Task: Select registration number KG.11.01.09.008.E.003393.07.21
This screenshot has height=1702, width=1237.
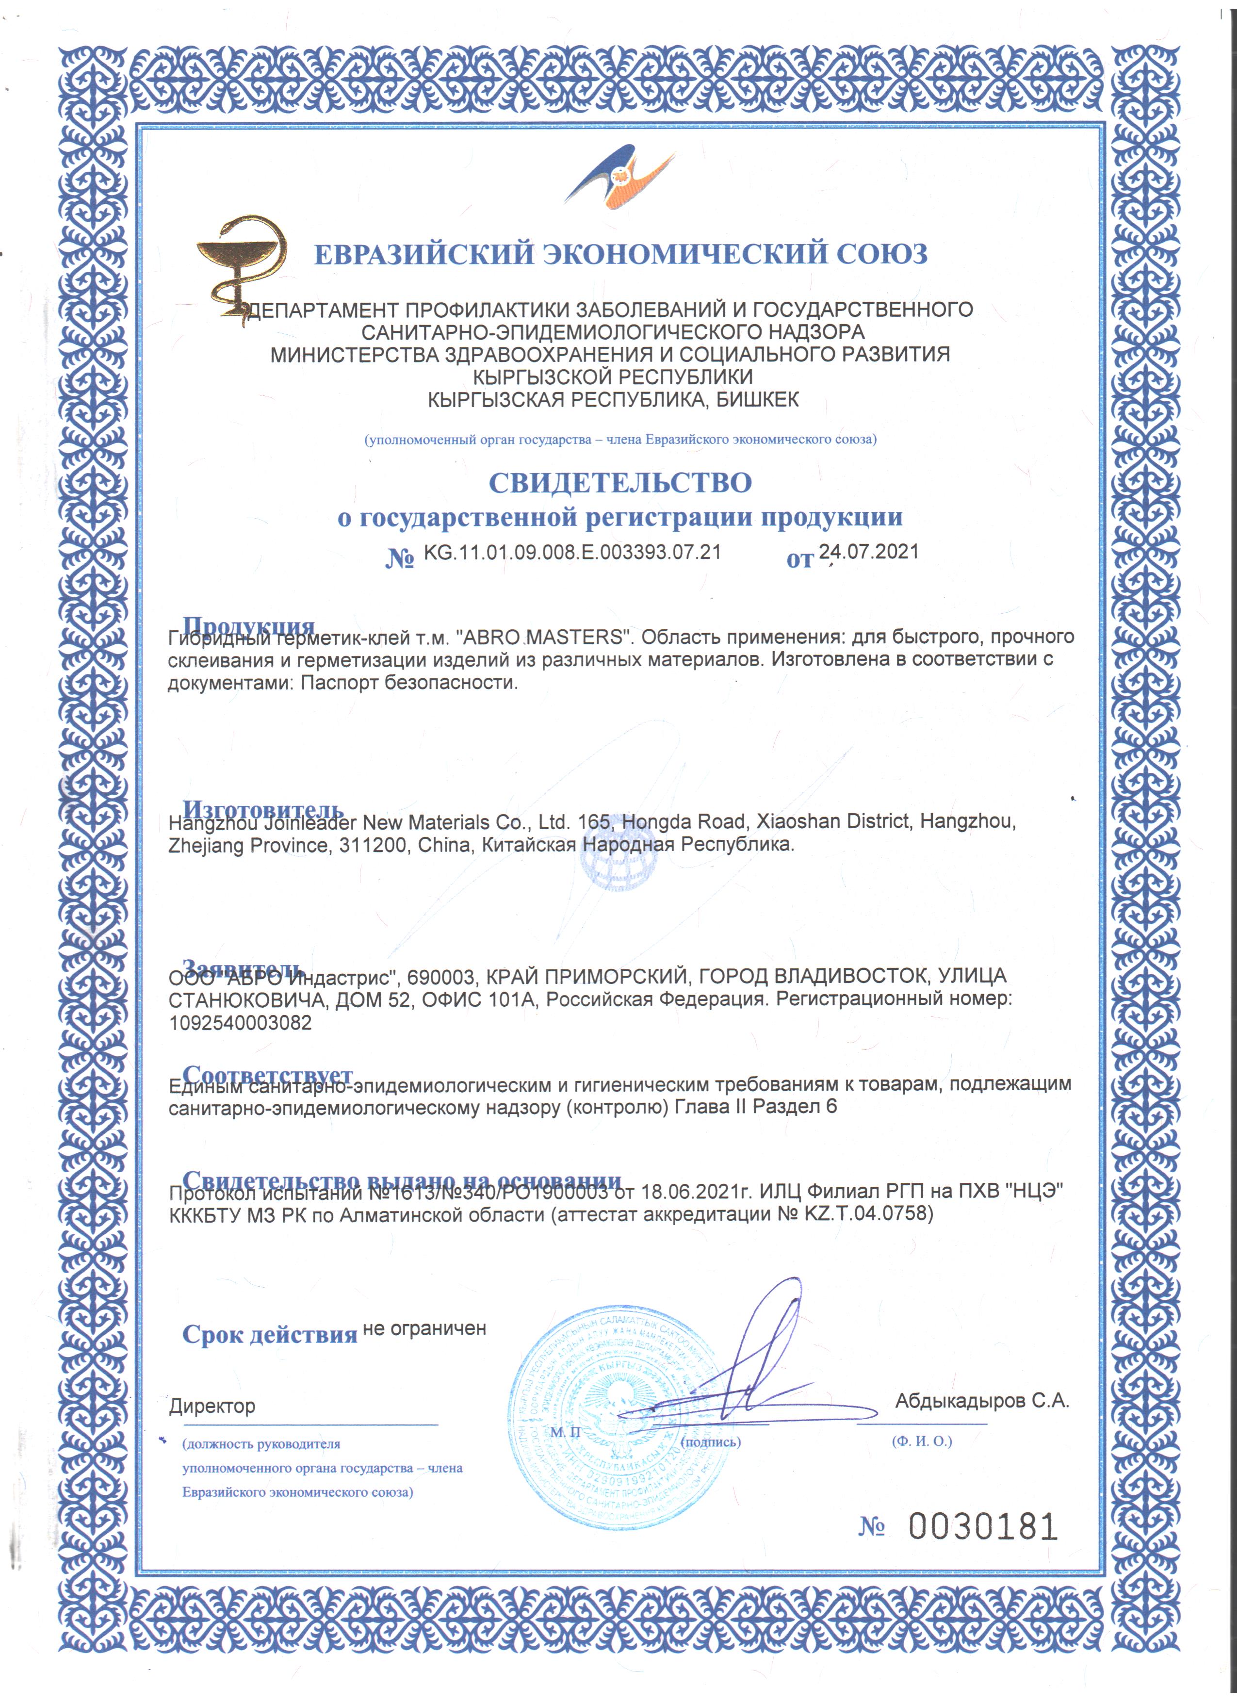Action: (572, 552)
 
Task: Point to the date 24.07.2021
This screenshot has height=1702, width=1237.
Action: (869, 552)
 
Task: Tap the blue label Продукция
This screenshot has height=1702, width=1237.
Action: (248, 625)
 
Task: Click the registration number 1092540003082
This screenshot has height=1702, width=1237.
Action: (240, 1023)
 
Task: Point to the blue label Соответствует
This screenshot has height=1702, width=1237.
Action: (267, 1074)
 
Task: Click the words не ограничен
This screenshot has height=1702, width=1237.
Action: (424, 1328)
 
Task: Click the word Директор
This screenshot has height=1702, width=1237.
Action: (212, 1406)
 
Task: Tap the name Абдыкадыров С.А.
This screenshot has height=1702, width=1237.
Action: (982, 1400)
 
